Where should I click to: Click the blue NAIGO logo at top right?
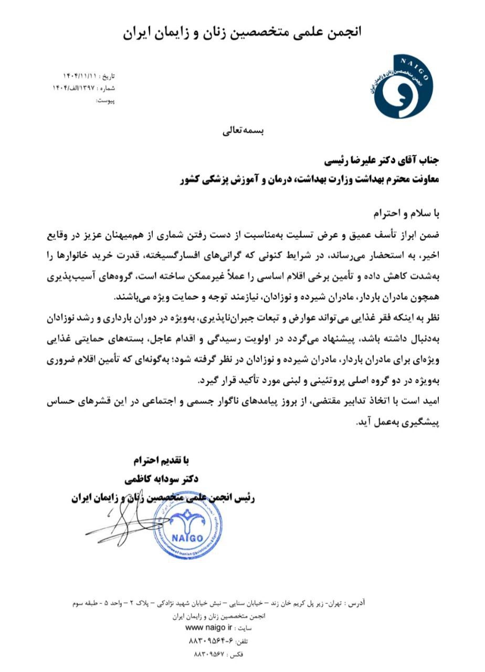[x=400, y=85]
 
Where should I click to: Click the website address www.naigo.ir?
[x=209, y=628]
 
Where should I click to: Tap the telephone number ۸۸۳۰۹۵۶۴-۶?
[x=210, y=641]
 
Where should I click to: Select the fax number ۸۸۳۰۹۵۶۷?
[x=209, y=654]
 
